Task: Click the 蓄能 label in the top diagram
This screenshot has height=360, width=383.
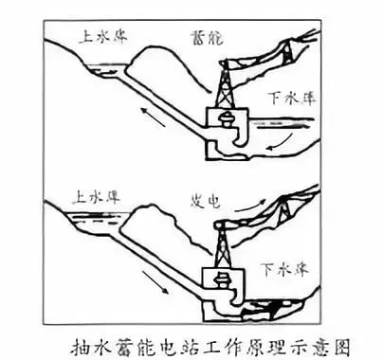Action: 207,38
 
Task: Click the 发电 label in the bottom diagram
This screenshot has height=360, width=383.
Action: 205,201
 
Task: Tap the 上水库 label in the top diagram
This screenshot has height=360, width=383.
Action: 103,36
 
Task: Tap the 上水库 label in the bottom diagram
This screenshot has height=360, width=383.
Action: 96,197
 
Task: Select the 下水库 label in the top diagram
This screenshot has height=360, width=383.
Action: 292,98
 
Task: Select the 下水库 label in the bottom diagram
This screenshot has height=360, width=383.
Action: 284,269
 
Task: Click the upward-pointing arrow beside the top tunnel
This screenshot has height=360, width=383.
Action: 153,117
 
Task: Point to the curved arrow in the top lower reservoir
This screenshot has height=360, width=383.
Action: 280,143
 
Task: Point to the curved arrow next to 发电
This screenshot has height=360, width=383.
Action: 249,205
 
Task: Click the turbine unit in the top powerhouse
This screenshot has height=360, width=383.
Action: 228,119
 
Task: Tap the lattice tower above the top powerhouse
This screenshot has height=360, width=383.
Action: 227,84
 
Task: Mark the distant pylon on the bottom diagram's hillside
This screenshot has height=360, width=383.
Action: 284,211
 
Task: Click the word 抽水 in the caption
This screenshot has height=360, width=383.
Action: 87,349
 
